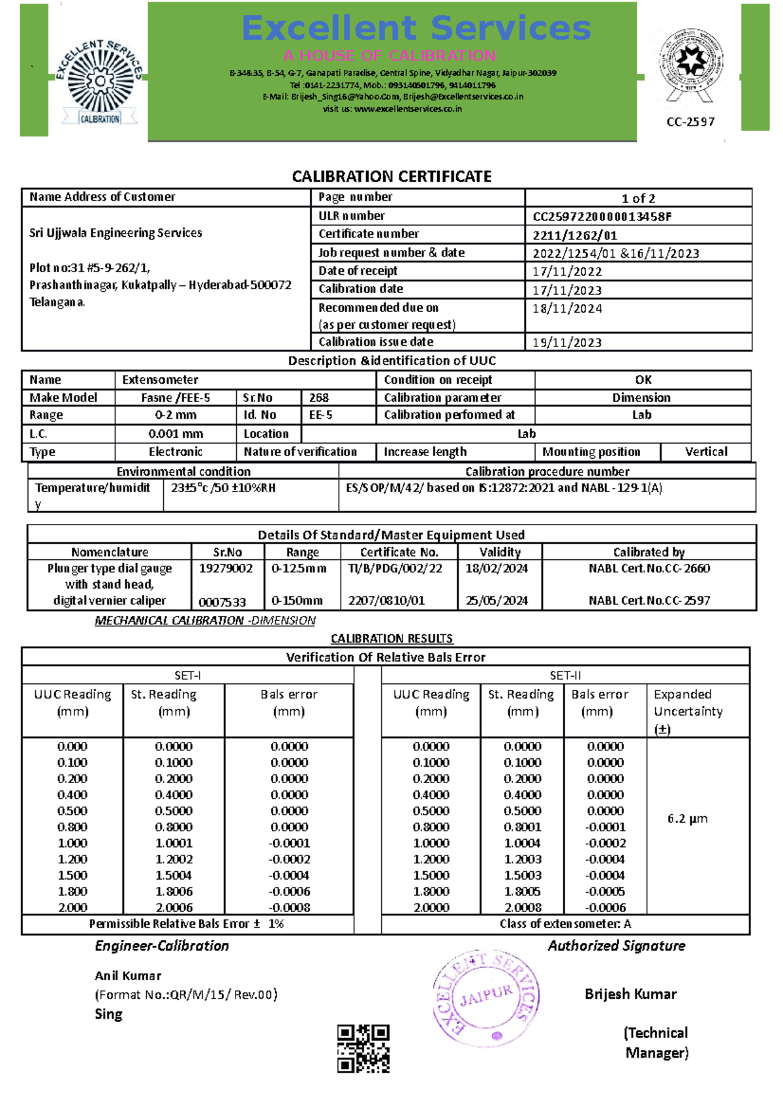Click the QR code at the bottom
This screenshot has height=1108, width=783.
point(363,1049)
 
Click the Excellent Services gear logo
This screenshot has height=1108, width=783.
point(99,82)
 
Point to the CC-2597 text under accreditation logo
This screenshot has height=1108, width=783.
point(690,122)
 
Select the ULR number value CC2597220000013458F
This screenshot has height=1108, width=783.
point(602,217)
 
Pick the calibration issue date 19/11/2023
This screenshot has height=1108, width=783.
point(567,343)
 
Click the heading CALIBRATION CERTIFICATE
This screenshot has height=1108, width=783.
point(391,177)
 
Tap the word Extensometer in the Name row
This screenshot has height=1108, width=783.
point(160,380)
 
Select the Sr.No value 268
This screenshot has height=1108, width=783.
point(319,397)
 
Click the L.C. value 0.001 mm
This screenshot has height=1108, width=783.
point(176,434)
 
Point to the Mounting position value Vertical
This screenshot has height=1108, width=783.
point(706,452)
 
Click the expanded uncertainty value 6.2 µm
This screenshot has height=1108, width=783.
point(687,818)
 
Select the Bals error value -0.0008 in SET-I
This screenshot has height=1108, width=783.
point(289,908)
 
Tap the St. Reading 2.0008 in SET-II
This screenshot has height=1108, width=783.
point(523,908)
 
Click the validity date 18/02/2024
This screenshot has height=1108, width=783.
point(497,568)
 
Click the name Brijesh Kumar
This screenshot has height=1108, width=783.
point(630,994)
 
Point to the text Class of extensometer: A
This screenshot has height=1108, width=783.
point(565,924)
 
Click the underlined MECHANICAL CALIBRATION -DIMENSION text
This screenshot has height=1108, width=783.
point(205,621)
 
